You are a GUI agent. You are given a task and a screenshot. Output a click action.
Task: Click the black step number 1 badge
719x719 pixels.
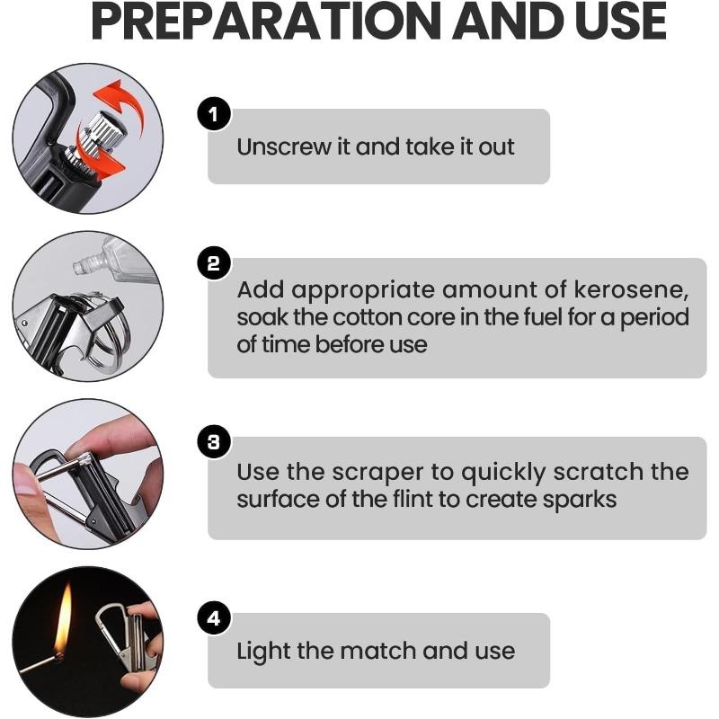[x=214, y=114]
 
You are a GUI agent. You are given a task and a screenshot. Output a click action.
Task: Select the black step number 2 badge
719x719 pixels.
[x=214, y=263]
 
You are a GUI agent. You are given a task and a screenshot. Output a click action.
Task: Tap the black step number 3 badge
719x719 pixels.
[x=214, y=442]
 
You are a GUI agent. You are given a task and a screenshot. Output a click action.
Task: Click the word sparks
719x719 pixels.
[x=575, y=499]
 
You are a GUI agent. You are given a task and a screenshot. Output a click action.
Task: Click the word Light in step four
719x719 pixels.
[x=259, y=651]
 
